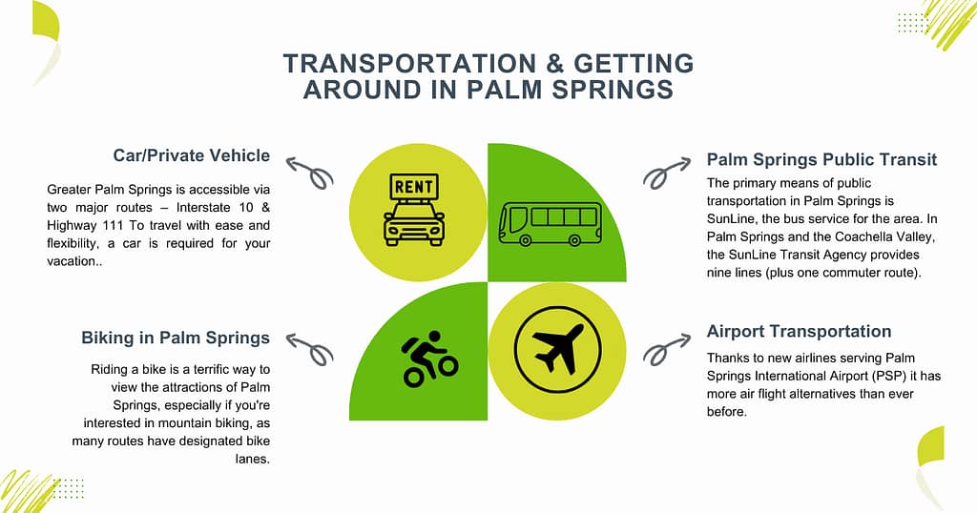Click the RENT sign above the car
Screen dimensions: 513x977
(413, 185)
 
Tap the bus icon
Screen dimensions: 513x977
(550, 223)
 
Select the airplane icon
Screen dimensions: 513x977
(557, 340)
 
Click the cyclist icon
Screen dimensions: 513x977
(429, 359)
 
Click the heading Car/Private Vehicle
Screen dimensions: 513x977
(192, 155)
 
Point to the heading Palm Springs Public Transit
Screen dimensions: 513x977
(821, 159)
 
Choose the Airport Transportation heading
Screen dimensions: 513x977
(799, 332)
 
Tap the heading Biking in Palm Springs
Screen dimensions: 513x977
(176, 338)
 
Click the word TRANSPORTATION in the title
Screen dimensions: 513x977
(389, 65)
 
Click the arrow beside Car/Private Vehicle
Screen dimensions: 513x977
(310, 173)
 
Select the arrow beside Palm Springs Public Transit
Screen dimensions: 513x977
(667, 172)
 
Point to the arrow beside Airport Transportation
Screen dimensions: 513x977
(666, 348)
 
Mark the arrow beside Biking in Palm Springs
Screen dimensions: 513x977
(310, 348)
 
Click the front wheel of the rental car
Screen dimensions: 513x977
(393, 239)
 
